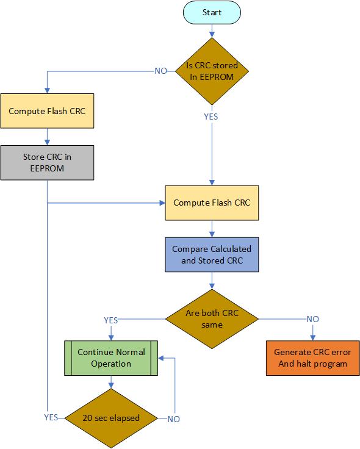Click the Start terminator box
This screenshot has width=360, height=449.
coord(212,12)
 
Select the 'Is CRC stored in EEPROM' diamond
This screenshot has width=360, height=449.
coord(212,71)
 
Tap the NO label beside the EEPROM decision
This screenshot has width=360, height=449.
coord(160,71)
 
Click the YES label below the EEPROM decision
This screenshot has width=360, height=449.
coord(211,115)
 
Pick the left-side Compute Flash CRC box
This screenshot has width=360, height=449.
coord(47,111)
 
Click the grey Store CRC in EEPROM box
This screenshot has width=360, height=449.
coord(47,162)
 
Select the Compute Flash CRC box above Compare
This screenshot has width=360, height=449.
coord(212,202)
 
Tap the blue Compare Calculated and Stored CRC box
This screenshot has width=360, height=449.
coord(212,254)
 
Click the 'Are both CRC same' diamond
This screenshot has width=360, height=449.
coord(212,319)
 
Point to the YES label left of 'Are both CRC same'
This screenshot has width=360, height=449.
coord(111,319)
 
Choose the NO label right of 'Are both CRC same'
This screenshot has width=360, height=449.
coord(312,319)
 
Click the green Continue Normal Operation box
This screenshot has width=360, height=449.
coord(111,357)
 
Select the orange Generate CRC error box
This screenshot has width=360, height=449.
coord(312,357)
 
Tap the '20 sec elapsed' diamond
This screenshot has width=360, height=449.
coord(111,418)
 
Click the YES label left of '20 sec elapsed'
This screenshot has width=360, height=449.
coord(51,418)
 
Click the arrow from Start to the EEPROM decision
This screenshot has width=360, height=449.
coord(212,30)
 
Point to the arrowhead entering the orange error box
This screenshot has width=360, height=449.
coord(312,338)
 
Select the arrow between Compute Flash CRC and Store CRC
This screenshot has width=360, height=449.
coord(47,137)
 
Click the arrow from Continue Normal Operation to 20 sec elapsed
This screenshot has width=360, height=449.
coord(111,382)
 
